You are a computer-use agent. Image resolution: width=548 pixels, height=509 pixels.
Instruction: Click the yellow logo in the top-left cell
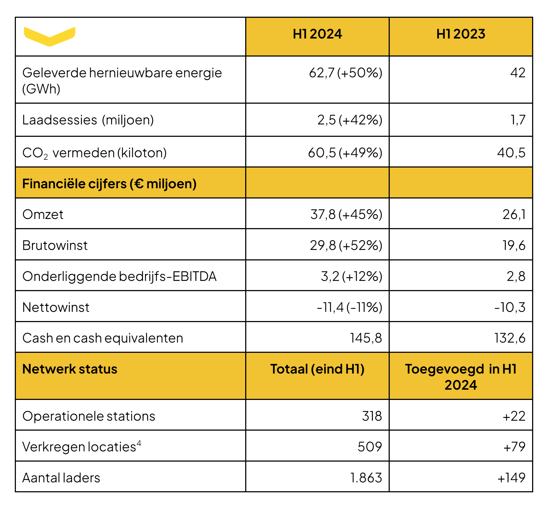point(50,36)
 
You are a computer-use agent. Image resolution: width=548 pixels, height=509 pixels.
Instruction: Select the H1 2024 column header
point(317,34)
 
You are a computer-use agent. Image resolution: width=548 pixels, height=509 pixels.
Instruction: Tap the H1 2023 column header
point(461,34)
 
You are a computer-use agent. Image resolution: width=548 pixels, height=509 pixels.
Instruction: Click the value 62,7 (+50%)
point(345,73)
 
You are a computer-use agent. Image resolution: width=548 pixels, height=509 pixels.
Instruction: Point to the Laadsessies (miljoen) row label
point(88,120)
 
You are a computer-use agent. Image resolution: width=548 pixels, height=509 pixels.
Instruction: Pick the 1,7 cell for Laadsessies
point(518,120)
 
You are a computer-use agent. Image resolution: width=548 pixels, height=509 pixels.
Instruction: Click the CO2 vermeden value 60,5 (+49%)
point(345,153)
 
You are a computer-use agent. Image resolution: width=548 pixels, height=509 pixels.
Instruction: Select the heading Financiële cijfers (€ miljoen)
point(109,184)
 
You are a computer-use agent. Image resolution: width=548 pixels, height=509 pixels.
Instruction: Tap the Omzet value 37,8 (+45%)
point(346,215)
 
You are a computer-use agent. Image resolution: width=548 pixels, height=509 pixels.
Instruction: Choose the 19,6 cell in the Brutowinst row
point(514,245)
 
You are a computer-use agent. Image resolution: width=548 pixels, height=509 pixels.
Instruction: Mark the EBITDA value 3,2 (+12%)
point(351,276)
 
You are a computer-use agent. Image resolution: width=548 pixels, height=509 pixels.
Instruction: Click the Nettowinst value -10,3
point(510,307)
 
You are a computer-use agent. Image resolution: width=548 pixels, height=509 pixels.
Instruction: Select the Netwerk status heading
point(70,369)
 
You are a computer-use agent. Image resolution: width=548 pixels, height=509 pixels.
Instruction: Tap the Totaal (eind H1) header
point(317,369)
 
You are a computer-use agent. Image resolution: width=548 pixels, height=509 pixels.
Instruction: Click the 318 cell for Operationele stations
point(372,416)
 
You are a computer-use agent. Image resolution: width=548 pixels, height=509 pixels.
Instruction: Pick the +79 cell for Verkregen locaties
point(514,447)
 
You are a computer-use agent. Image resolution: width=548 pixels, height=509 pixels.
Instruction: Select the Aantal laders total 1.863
point(366,478)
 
